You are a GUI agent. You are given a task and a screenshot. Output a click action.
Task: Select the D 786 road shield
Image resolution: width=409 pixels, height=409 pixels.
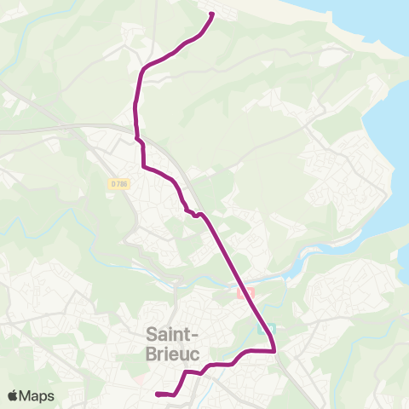[x=118, y=182]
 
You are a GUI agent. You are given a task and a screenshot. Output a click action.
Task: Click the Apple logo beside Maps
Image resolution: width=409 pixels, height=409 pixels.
[x=13, y=395]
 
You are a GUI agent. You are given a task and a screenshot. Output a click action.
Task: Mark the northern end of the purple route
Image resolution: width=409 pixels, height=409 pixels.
[x=211, y=14]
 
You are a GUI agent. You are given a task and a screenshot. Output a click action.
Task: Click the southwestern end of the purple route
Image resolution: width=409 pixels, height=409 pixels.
[x=158, y=394]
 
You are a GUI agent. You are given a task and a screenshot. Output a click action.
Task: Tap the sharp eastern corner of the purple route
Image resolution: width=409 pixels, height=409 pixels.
[x=274, y=350]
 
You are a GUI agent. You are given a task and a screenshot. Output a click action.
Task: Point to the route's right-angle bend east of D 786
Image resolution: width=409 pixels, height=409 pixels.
[x=142, y=166]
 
